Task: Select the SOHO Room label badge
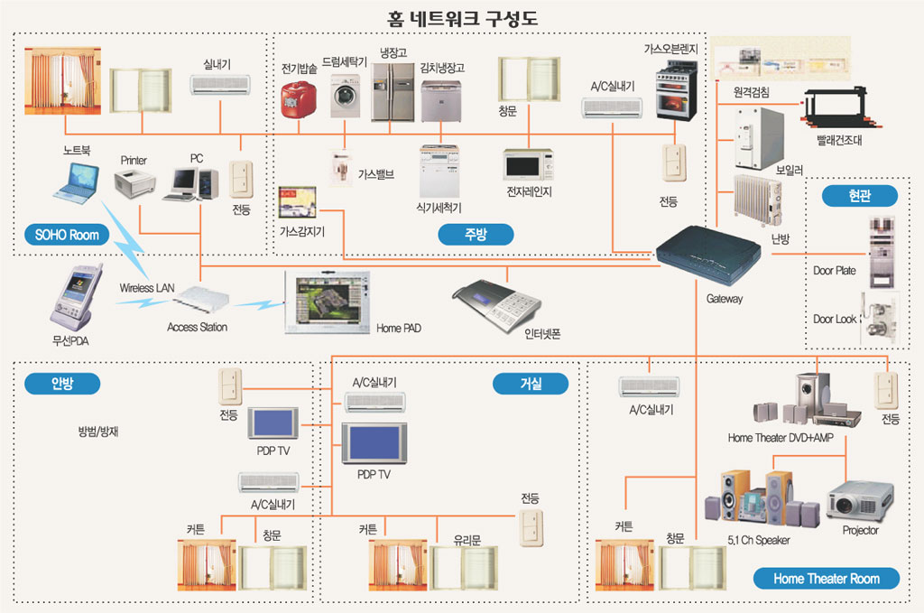tap(67, 235)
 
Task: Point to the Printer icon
tap(135, 184)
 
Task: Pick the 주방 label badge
tap(476, 235)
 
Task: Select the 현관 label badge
tap(859, 196)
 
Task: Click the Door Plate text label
tap(834, 270)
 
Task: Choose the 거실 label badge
tap(531, 384)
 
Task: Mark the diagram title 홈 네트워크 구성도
tap(461, 17)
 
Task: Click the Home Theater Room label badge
tap(826, 578)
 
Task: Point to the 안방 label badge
tap(62, 384)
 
